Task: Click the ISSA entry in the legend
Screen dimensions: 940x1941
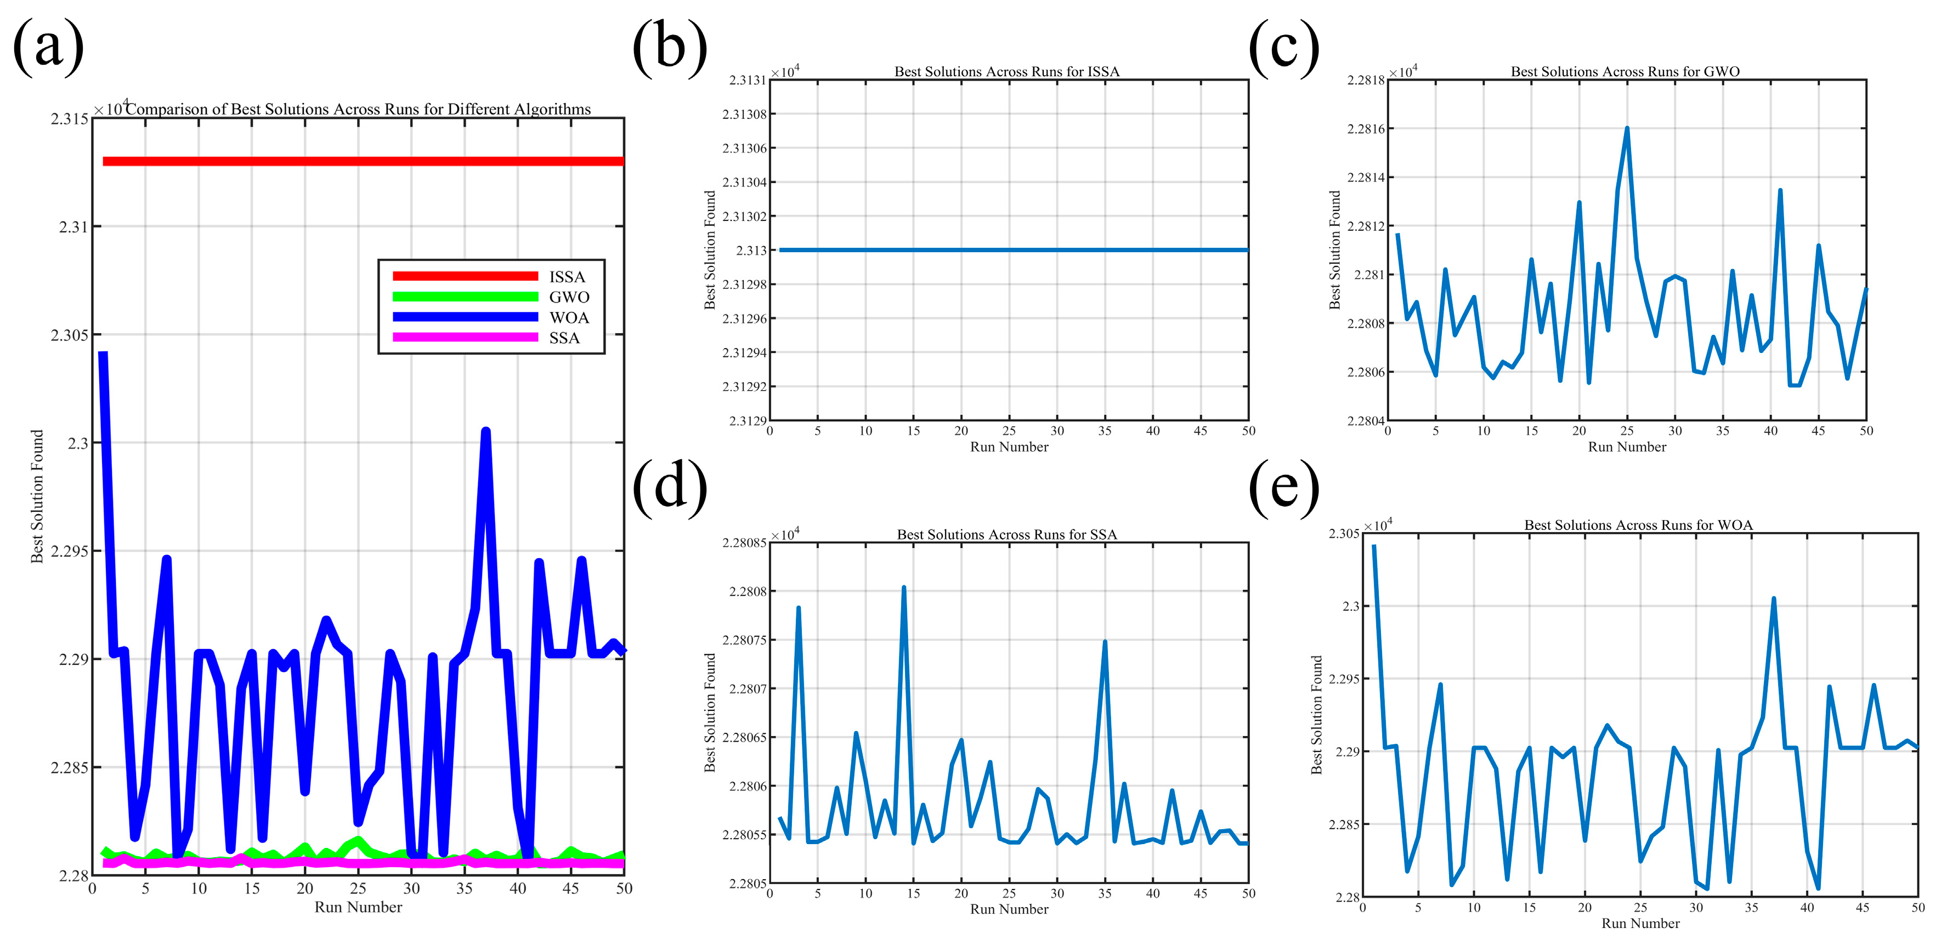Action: click(567, 276)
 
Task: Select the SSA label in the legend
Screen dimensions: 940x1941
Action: click(564, 338)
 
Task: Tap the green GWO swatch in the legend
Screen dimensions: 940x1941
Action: click(465, 297)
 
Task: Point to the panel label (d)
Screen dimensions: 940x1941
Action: click(669, 487)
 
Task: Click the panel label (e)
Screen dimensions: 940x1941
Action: click(1284, 487)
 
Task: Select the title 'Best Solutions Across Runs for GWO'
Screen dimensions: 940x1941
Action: click(1625, 72)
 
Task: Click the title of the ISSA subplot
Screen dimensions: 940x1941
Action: click(1006, 72)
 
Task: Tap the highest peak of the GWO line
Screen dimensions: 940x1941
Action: click(1627, 128)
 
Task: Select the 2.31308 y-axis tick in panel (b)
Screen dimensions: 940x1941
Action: click(744, 115)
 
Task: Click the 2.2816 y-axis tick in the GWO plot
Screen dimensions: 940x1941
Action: click(1365, 129)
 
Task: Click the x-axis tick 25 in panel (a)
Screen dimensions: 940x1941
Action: click(358, 889)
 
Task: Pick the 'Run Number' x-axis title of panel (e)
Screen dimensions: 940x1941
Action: click(1640, 924)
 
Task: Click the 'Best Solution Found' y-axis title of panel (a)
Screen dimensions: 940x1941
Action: click(37, 497)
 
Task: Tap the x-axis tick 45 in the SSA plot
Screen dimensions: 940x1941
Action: click(1201, 893)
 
